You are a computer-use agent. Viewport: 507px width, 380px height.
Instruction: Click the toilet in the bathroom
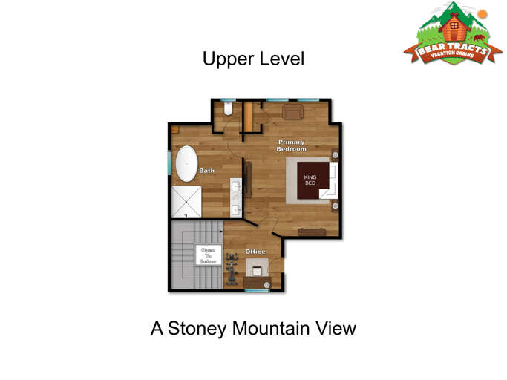228,108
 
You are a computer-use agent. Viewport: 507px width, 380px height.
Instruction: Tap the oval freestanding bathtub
186,163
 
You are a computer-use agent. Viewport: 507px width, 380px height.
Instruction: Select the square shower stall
186,202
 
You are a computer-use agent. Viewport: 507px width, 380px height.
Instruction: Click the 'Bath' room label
206,171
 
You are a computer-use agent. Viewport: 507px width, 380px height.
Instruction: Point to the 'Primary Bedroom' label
291,145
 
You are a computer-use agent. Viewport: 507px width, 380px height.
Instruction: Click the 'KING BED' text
310,180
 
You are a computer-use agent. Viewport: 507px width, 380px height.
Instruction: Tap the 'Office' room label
255,252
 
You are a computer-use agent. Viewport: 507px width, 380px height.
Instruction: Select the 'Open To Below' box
209,255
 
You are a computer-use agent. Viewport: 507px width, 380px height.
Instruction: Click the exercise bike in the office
232,269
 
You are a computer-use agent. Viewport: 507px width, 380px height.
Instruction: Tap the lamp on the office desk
266,285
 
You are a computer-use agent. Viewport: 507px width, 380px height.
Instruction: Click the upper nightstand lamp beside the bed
336,155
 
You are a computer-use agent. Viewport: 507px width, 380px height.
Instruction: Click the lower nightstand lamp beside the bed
336,206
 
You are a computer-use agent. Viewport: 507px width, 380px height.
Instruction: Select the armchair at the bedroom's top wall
293,112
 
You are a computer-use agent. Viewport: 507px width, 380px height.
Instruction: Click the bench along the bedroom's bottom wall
312,232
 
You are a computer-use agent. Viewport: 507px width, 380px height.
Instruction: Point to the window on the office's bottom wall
257,291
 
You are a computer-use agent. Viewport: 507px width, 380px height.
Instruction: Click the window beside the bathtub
169,163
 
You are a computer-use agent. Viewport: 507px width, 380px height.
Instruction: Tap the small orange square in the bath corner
175,130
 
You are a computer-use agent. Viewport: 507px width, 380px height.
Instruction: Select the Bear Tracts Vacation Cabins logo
453,33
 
